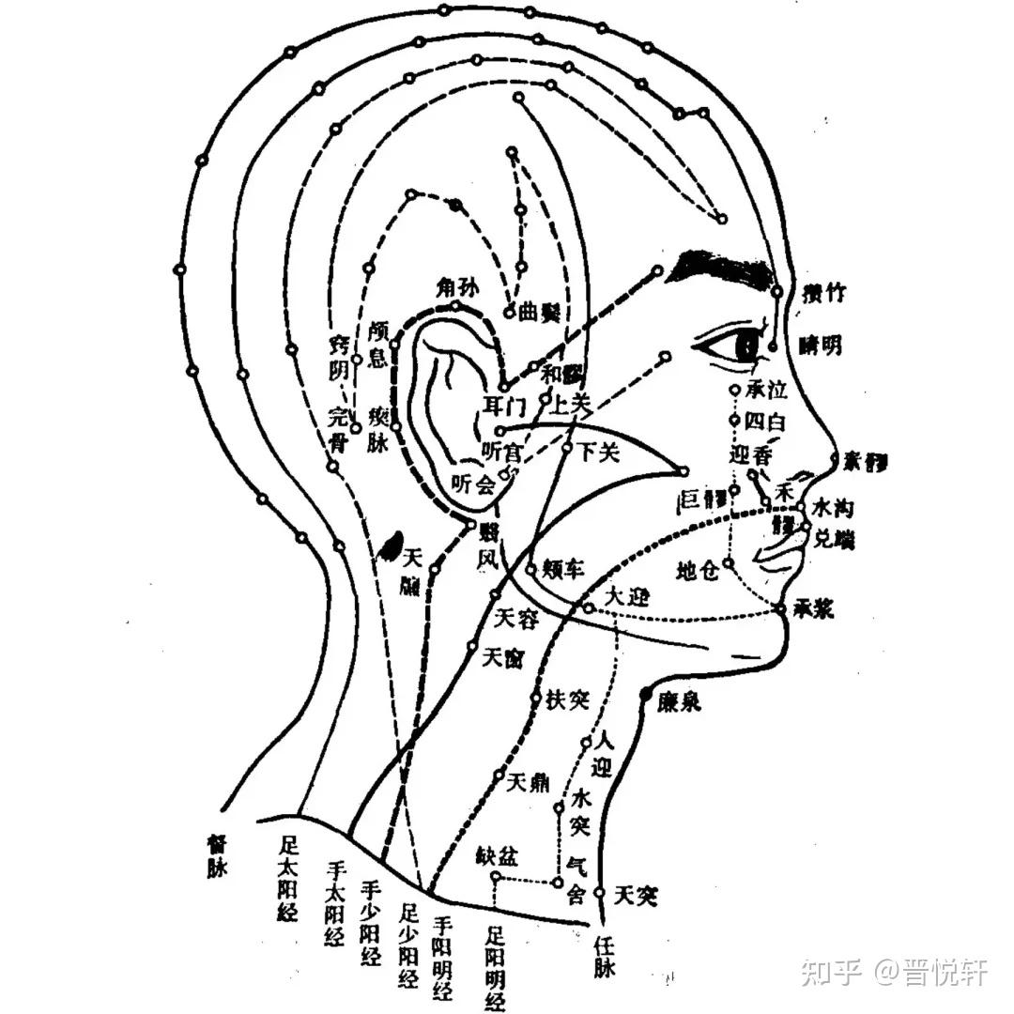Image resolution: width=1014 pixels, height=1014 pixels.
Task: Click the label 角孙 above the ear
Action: coord(457,289)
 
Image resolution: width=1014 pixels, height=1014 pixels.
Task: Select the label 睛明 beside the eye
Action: coord(819,346)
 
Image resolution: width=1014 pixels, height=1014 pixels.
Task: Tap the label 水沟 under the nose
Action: coord(833,508)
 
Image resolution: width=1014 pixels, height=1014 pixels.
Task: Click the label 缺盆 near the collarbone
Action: coord(497,857)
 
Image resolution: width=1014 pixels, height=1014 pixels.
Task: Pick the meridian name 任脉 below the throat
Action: coord(605,959)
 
